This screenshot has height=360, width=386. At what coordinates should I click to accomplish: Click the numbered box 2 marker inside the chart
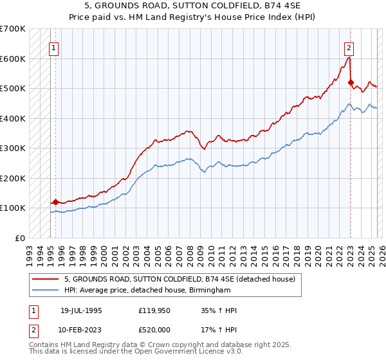click(348, 47)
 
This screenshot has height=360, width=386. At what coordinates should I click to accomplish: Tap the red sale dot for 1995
click(55, 202)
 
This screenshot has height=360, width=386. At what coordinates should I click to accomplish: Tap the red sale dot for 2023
click(351, 82)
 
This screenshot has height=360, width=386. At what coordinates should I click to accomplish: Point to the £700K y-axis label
click(13, 29)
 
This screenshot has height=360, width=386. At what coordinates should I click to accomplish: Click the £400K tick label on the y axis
click(13, 118)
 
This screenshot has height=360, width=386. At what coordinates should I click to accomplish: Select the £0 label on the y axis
click(21, 238)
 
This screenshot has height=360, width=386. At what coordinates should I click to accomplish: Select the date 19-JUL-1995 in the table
click(81, 310)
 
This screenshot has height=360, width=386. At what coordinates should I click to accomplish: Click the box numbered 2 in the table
click(33, 329)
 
